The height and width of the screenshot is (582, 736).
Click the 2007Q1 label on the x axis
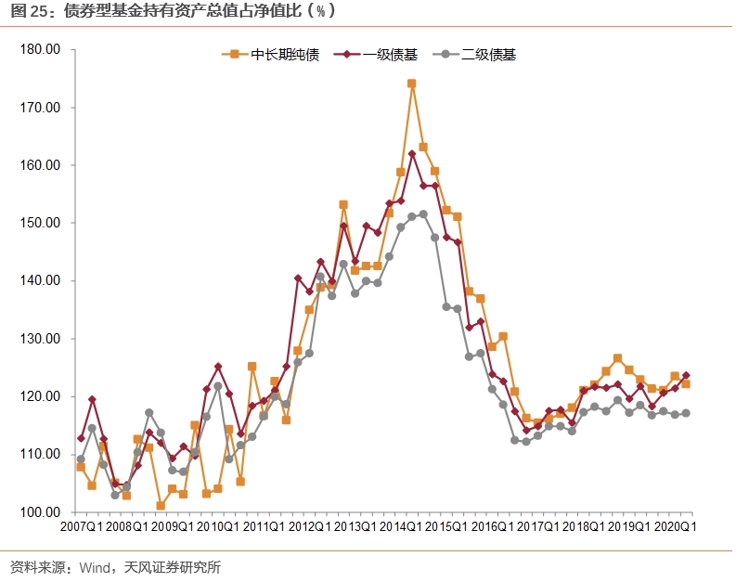82,527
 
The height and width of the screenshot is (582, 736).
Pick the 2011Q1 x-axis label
264,527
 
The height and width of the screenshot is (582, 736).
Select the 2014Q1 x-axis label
400,527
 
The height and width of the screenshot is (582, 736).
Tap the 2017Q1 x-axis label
537,527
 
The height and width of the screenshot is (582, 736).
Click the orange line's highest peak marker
411,84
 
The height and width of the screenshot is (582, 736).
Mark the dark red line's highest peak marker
411,154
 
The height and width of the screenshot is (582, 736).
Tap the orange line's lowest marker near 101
161,506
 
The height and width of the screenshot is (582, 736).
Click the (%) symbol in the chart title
320,12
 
